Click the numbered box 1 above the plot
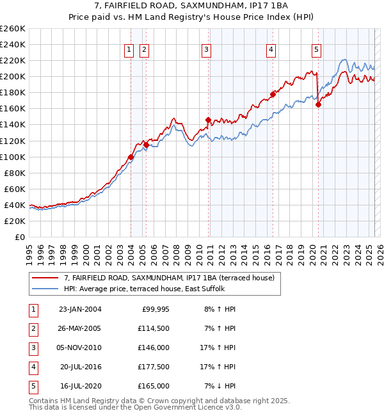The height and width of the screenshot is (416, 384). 129,49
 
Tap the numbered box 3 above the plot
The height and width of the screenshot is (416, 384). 206,49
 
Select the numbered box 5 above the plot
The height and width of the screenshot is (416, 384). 316,49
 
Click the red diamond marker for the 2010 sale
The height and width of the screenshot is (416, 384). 208,120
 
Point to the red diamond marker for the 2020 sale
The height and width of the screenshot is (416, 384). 318,105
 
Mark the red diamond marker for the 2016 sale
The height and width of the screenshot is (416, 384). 273,94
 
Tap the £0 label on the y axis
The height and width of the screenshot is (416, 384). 19,237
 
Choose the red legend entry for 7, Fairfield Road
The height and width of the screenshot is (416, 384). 169,277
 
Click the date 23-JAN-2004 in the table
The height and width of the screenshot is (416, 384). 79,309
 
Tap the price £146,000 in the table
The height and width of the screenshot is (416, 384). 154,348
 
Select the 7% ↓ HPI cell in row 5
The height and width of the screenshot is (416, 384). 220,386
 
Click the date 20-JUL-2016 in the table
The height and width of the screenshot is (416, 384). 79,367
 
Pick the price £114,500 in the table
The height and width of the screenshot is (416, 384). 154,328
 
